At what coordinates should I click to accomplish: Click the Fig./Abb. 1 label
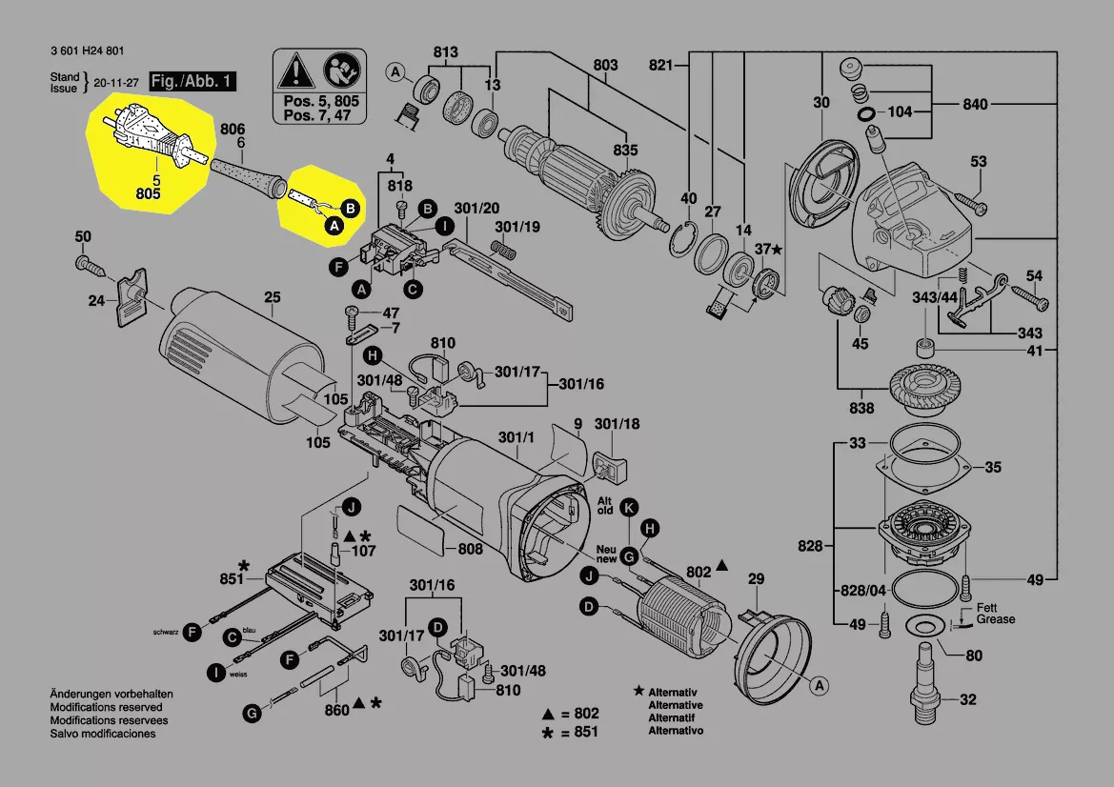(192, 81)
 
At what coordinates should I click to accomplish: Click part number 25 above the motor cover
(273, 298)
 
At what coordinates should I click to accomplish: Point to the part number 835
(625, 151)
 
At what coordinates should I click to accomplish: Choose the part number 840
(976, 105)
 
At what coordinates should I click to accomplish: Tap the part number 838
(861, 409)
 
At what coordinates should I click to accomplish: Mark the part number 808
(470, 549)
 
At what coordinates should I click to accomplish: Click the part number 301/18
(618, 424)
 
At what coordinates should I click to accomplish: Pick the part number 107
(364, 551)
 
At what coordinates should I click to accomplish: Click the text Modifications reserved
(106, 708)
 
